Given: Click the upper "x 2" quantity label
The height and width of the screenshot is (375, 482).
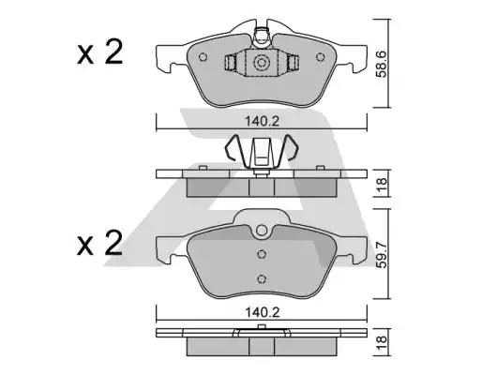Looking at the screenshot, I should tap(100, 53).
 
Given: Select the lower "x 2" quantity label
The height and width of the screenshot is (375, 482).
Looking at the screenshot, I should tap(100, 245).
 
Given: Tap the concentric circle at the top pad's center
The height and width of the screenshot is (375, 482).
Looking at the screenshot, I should tap(262, 63).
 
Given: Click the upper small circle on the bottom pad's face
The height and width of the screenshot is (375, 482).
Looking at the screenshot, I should tap(263, 253).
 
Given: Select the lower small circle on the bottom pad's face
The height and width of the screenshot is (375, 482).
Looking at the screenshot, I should tap(263, 276).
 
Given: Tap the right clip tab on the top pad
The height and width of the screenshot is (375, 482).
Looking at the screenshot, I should tap(294, 64).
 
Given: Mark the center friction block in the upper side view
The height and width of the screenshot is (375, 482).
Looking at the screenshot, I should tap(262, 185).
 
